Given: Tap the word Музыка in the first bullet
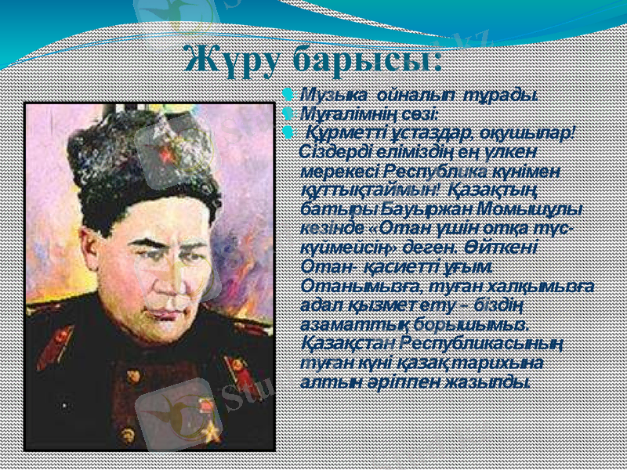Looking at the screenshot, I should pyautogui.click(x=330, y=96).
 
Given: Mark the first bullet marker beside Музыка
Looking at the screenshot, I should pyautogui.click(x=288, y=96).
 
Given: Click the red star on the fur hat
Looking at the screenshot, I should pyautogui.click(x=167, y=154).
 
